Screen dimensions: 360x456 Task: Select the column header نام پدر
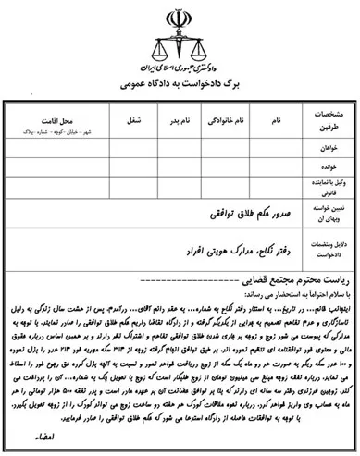[182, 120]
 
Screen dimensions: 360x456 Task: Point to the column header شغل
[134, 120]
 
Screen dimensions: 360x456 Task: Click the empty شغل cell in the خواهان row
[134, 149]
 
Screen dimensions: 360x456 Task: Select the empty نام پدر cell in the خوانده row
[182, 168]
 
